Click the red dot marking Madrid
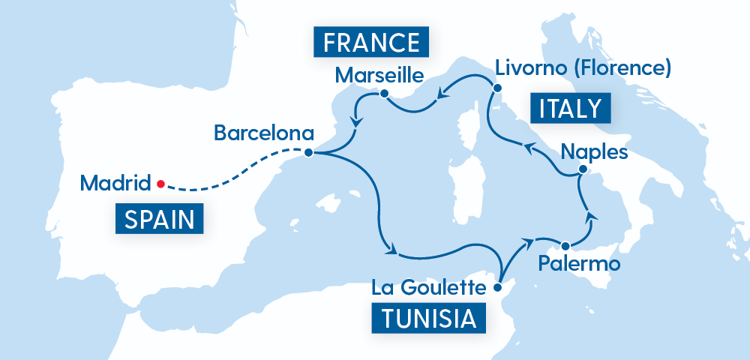tap(160, 182)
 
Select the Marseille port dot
tap(384, 94)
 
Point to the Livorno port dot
tap(496, 88)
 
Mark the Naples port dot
tap(581, 173)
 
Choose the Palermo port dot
tap(565, 245)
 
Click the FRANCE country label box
tap(370, 42)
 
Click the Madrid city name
tap(115, 182)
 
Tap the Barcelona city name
tap(263, 133)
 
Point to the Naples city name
tap(594, 153)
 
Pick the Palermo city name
tap(580, 265)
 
